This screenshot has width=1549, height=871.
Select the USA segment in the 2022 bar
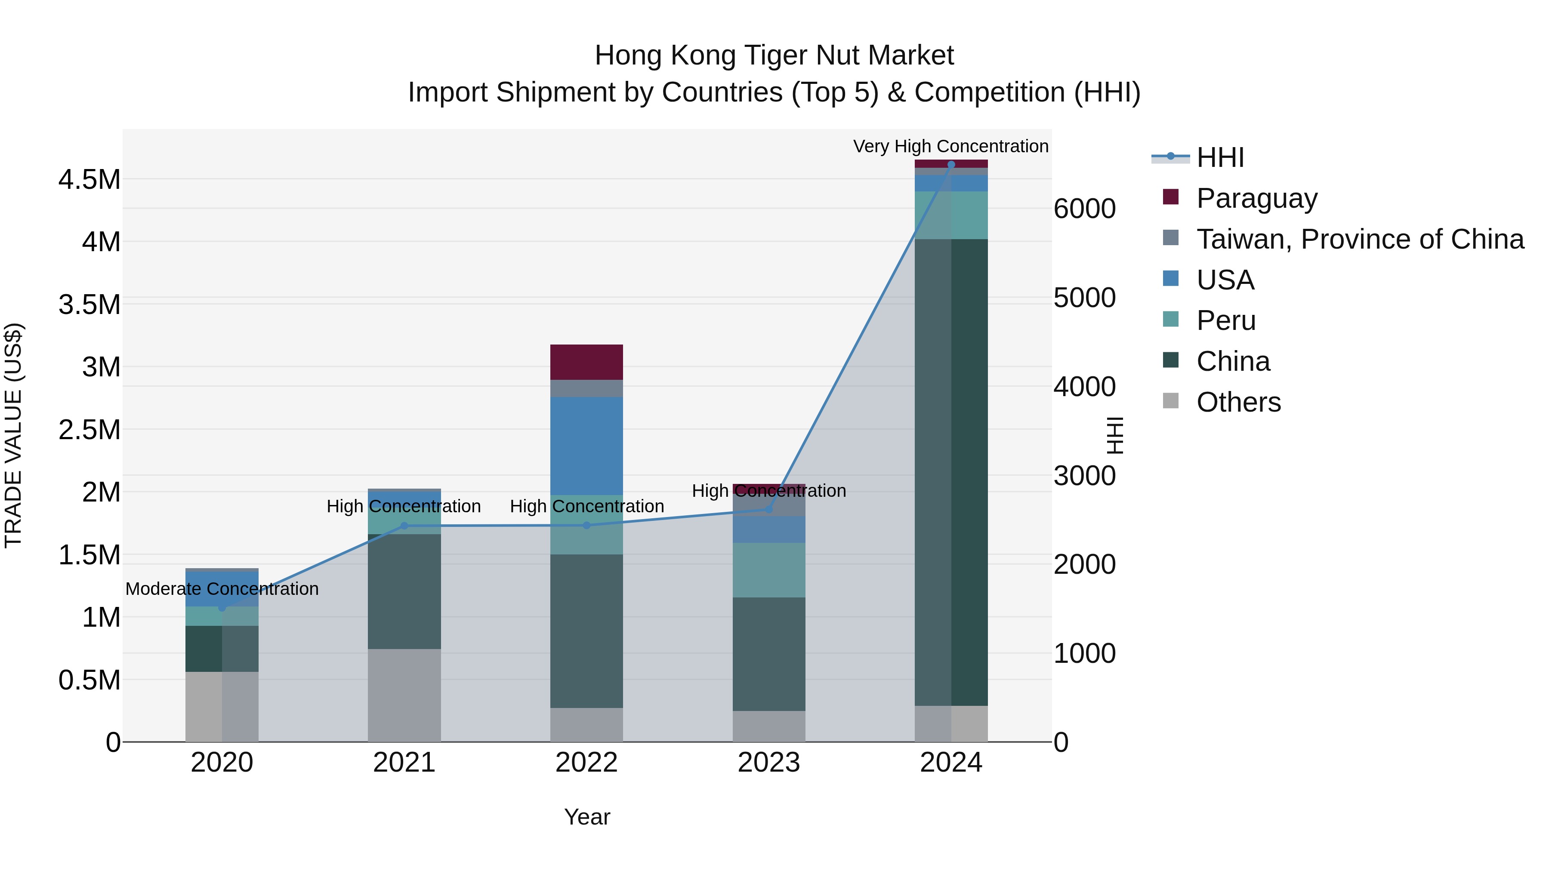(586, 446)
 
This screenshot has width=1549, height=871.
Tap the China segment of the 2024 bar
(950, 472)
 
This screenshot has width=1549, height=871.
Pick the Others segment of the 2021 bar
(404, 695)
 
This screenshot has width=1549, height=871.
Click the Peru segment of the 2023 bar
(768, 570)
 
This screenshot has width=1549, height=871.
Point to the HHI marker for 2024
(950, 165)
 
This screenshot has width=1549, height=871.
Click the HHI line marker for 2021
(404, 526)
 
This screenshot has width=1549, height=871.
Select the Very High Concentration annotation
(950, 146)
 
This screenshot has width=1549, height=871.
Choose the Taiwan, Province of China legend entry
(1359, 239)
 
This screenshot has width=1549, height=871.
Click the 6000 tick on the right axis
(1084, 209)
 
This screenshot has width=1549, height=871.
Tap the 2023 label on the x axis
(768, 763)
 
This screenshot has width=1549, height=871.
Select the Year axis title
(587, 817)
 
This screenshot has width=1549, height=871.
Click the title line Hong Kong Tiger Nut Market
(774, 55)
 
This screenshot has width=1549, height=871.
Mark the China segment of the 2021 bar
(404, 591)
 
